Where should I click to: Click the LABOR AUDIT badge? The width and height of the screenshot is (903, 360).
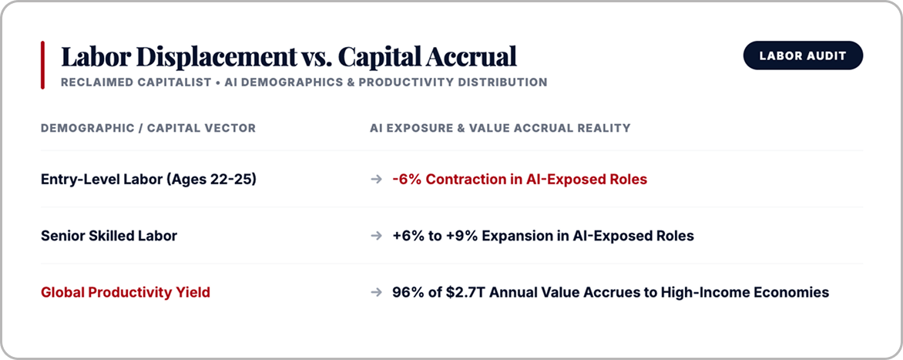click(x=803, y=56)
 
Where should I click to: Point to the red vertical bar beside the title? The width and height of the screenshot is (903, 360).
click(x=42, y=65)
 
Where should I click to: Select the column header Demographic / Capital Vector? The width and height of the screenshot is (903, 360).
click(x=148, y=128)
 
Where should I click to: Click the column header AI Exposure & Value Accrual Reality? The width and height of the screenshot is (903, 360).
click(x=500, y=128)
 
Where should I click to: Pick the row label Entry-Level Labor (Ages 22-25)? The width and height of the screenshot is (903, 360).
click(x=149, y=180)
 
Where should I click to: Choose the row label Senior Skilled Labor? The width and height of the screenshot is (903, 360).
click(x=109, y=236)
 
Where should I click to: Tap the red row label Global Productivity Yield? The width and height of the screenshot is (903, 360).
click(x=126, y=293)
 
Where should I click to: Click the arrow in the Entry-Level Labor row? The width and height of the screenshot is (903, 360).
click(x=376, y=180)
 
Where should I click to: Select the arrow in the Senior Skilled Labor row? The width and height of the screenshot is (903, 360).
click(x=376, y=236)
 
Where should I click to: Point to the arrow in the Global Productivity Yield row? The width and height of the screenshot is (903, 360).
click(x=376, y=293)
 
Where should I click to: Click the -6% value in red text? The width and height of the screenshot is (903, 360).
click(x=406, y=180)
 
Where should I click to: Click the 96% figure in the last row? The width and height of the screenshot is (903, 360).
click(x=408, y=293)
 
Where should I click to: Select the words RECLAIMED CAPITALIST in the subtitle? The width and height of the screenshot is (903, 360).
click(x=136, y=82)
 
